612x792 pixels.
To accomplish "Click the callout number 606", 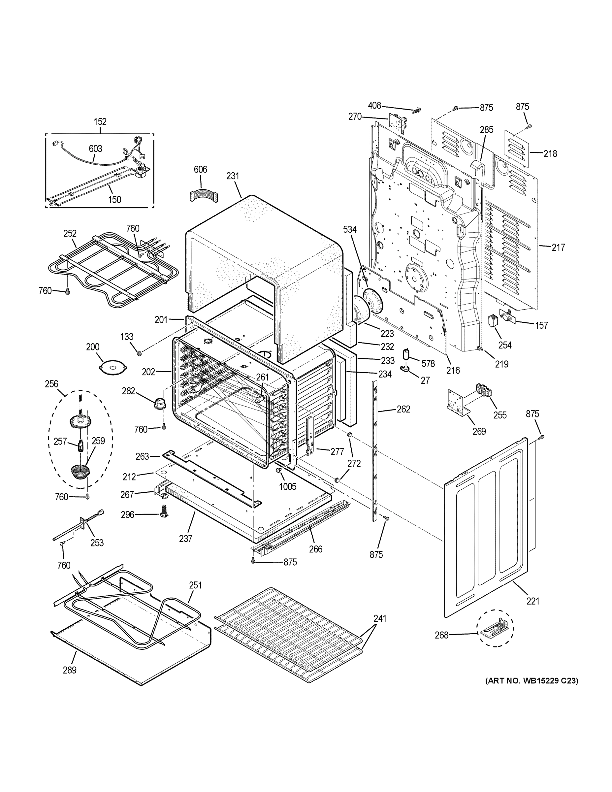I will pos(200,169).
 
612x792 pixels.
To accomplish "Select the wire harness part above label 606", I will pos(203,195).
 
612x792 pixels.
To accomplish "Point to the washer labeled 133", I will pos(139,353).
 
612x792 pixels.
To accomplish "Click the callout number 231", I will pos(233,176).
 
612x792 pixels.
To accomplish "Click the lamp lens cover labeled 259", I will pos(80,472).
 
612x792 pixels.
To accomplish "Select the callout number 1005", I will pos(287,487).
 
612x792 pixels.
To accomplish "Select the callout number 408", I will pos(374,106).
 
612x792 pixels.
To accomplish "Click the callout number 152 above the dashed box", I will pos(100,122).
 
